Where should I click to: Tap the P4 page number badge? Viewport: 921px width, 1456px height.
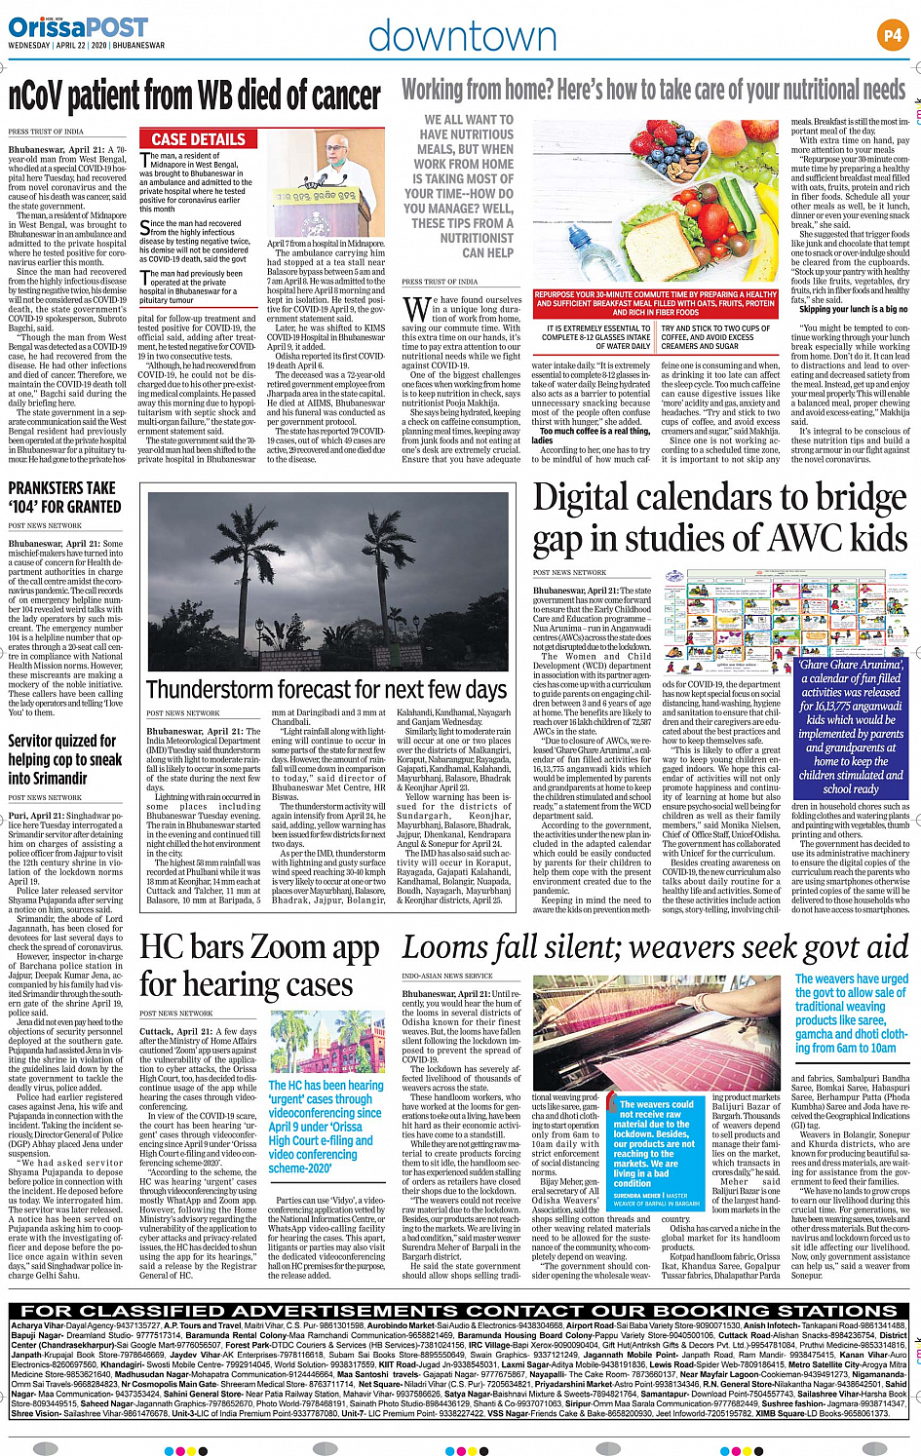892,35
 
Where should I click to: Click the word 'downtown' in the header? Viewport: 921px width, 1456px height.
462,36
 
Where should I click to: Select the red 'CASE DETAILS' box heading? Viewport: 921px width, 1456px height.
199,139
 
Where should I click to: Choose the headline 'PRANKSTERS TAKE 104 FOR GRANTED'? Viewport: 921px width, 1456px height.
64,497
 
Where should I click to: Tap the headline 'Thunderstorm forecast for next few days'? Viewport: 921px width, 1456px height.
326,689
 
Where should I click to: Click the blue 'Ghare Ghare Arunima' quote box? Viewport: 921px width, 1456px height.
851,726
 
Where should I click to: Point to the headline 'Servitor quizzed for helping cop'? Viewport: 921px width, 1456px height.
65,759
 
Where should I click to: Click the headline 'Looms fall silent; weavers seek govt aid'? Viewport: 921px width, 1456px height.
655,946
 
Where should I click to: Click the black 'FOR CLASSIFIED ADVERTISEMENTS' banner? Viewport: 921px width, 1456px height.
459,1311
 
